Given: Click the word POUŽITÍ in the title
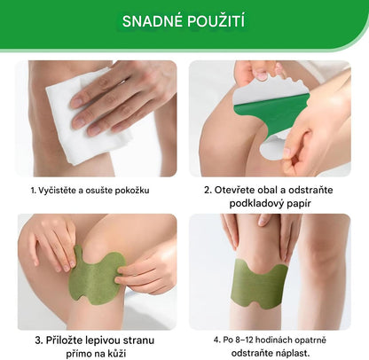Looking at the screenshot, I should (222, 20).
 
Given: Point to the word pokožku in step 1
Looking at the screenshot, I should (153, 190).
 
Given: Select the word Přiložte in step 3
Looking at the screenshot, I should (66, 339).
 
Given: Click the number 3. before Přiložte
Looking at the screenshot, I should (40, 339).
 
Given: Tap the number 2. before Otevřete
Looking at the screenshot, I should (208, 190).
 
